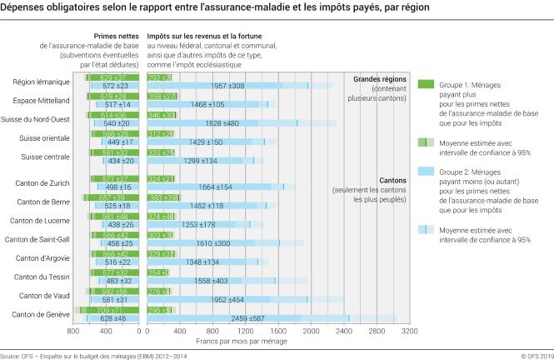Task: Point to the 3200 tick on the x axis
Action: click(x=409, y=331)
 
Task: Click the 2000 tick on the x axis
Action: click(x=312, y=331)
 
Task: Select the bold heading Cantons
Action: click(x=393, y=180)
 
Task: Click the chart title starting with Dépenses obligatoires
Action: click(x=215, y=7)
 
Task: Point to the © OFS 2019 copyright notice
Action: click(x=532, y=354)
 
